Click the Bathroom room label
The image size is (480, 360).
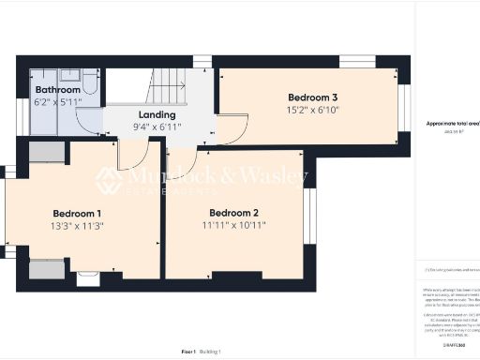[x=55, y=90]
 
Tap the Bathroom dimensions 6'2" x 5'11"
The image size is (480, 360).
[x=57, y=103]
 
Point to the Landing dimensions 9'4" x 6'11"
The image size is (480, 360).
[x=156, y=127]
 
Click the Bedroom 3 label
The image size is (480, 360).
[x=312, y=97]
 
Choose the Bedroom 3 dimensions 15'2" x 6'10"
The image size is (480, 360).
[x=312, y=111]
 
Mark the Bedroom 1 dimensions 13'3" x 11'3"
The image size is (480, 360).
[x=78, y=226]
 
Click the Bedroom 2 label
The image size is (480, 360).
[x=233, y=212]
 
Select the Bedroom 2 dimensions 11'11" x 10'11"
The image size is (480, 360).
[x=234, y=226]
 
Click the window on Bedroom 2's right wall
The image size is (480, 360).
[x=309, y=216]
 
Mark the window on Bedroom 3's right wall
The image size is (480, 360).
[x=405, y=105]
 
